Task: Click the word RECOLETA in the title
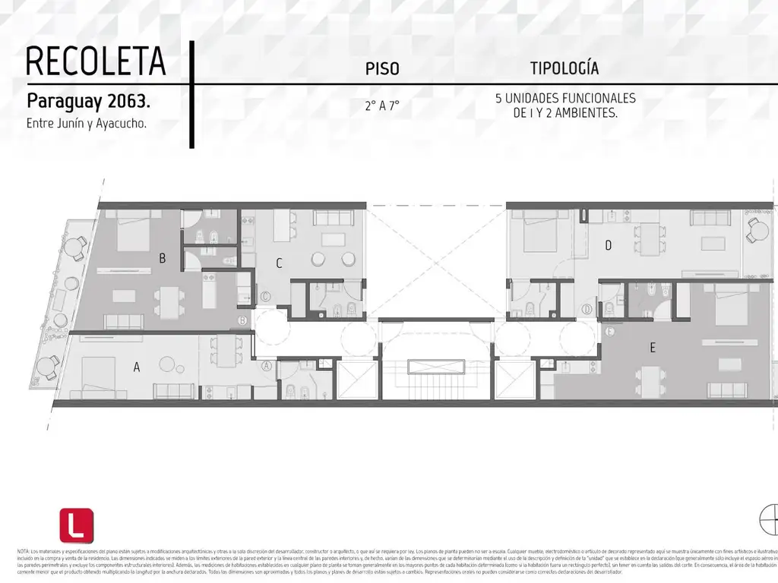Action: [96, 61]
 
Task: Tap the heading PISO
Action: [382, 68]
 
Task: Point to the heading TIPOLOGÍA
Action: [565, 68]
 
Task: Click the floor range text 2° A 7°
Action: [382, 106]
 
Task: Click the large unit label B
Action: [162, 258]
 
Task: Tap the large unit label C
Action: [279, 263]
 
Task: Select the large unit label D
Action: [608, 245]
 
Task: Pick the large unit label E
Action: [652, 348]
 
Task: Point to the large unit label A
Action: [137, 367]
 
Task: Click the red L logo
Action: [77, 525]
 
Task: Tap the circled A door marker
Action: [267, 365]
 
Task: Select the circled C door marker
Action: [265, 297]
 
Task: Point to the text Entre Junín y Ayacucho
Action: [86, 123]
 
